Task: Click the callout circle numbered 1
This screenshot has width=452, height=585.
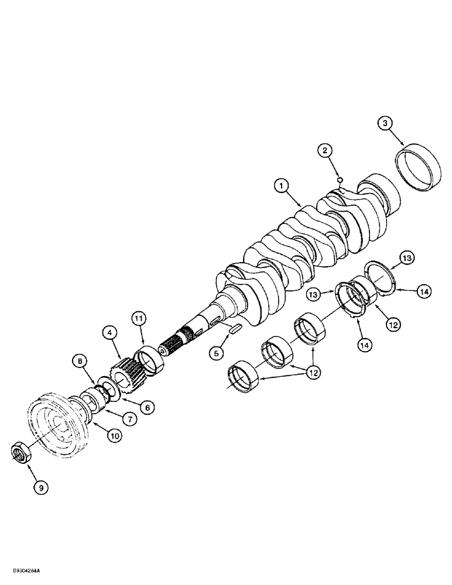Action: (282, 186)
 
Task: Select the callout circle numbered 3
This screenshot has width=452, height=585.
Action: (385, 123)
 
